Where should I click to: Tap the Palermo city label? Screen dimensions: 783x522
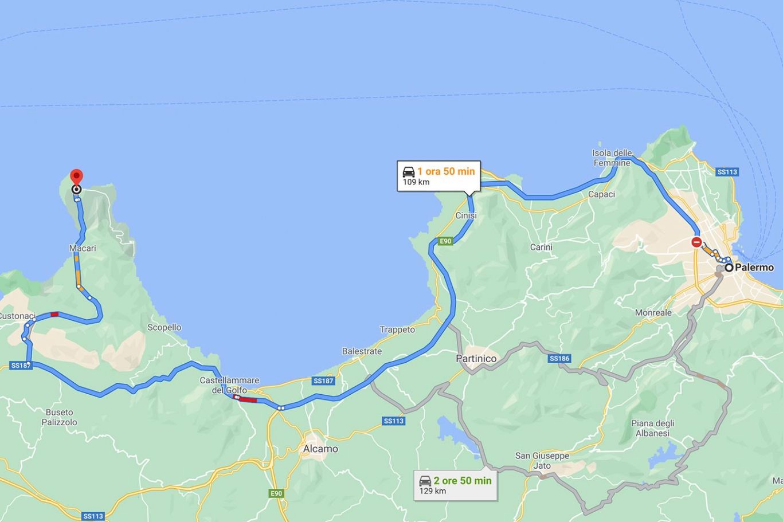[x=754, y=268]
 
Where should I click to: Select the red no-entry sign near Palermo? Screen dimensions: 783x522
[x=696, y=242]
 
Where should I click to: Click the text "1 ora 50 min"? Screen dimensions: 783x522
[x=446, y=171]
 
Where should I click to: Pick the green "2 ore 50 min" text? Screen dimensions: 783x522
[x=463, y=481]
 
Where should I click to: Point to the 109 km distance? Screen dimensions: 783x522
[x=416, y=182]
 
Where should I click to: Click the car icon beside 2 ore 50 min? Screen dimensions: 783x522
[x=425, y=481]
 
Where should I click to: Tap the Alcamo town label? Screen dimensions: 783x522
[x=320, y=449]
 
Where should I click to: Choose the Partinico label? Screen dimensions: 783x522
[x=476, y=359]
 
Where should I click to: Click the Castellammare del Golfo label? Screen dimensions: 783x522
[x=229, y=385]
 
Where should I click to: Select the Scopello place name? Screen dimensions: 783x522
[x=164, y=328]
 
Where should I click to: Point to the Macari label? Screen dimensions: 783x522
[x=83, y=249]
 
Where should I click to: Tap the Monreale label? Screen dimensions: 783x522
[x=653, y=313]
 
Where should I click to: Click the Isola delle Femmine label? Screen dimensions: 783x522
[x=612, y=158]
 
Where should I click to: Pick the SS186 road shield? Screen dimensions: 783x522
[x=559, y=359]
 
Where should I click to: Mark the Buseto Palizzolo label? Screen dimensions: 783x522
[x=60, y=417]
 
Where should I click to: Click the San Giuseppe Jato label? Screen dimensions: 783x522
[x=542, y=461]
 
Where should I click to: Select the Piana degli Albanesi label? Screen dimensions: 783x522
[x=653, y=428]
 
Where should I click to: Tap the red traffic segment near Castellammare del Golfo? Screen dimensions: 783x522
[x=248, y=400]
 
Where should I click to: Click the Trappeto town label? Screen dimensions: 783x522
[x=397, y=329]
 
